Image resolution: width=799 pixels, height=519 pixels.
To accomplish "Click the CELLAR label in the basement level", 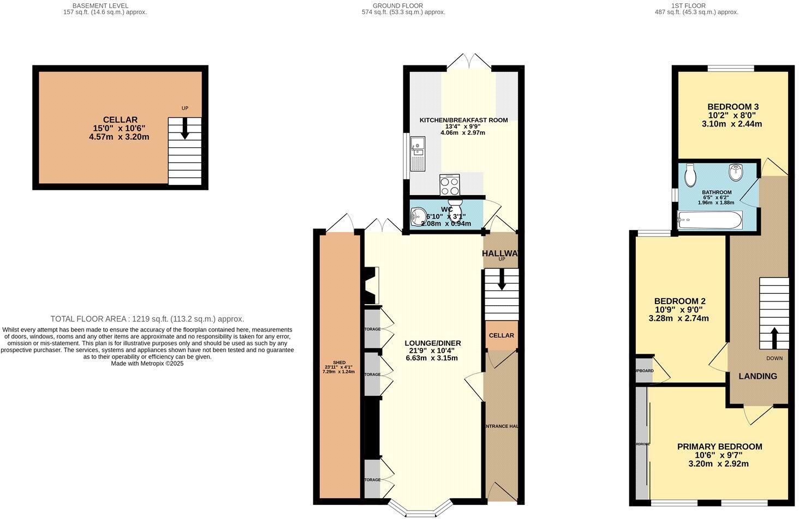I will pyautogui.click(x=120, y=120).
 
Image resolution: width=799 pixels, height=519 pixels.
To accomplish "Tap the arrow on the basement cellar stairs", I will pyautogui.click(x=185, y=130).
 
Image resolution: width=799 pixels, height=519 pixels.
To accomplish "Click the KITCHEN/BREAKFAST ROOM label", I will pyautogui.click(x=463, y=120).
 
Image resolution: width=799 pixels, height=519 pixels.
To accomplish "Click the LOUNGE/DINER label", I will pyautogui.click(x=433, y=343).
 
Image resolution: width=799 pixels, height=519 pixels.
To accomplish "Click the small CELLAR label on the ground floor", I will pyautogui.click(x=501, y=335).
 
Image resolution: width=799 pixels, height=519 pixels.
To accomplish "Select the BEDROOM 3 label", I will pyautogui.click(x=725, y=106).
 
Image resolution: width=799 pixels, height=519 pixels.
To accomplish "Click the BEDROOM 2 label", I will pyautogui.click(x=680, y=301).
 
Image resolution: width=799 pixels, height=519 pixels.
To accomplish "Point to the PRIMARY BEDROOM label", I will pyautogui.click(x=719, y=446).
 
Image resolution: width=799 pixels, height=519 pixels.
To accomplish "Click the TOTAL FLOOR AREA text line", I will pyautogui.click(x=147, y=319).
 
